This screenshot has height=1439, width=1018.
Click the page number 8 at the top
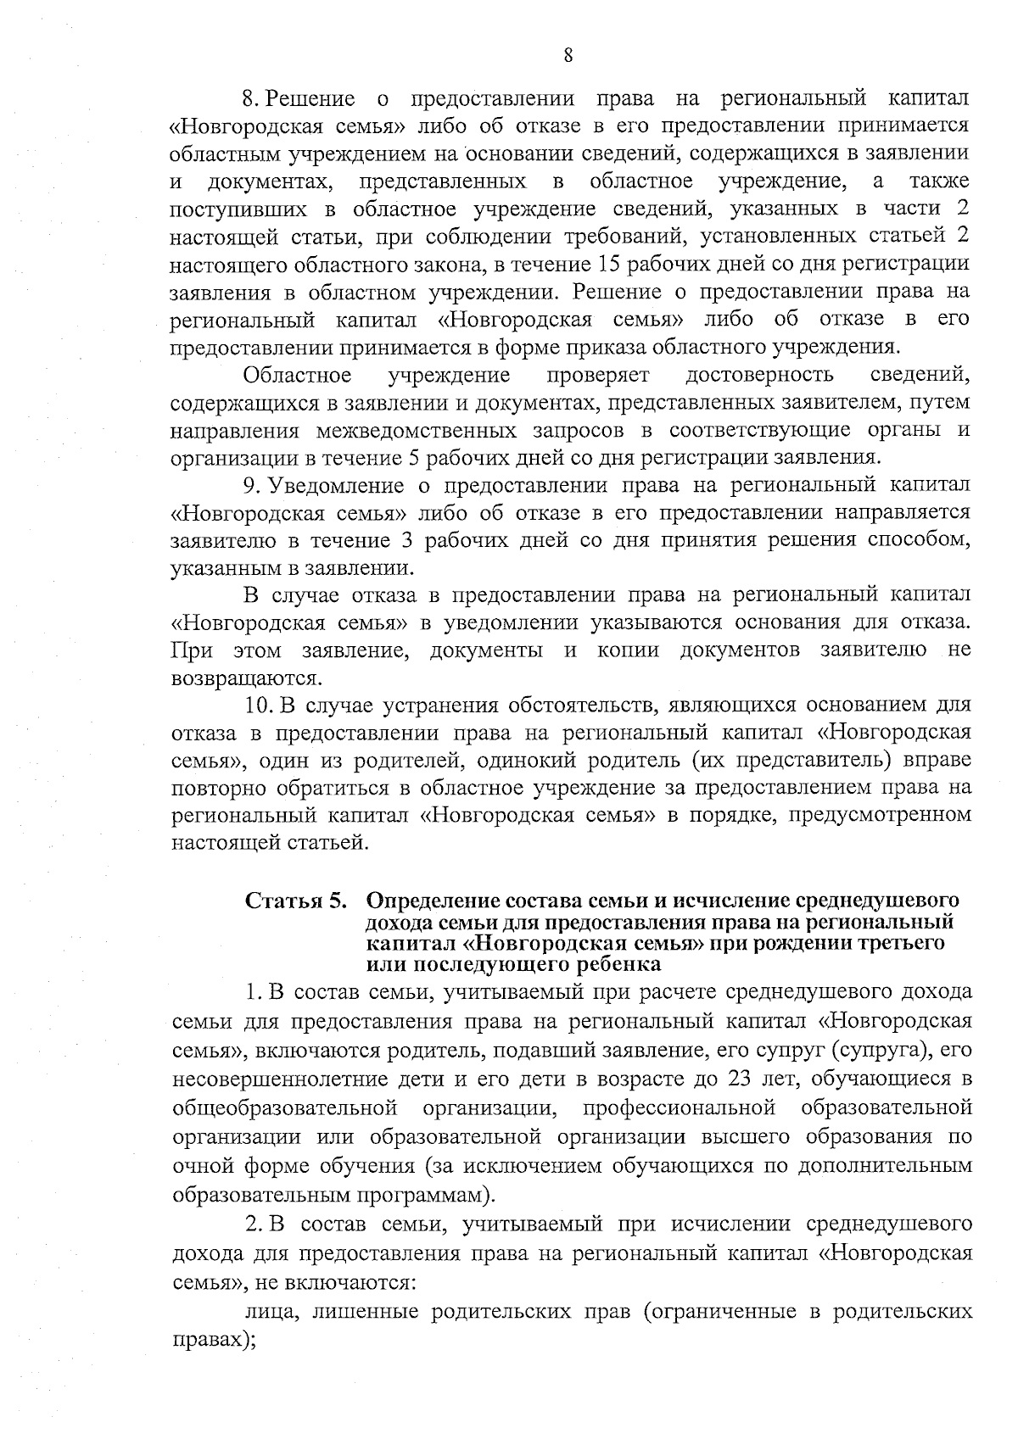tap(568, 56)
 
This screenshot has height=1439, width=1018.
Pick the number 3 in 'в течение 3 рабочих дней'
tap(406, 541)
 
